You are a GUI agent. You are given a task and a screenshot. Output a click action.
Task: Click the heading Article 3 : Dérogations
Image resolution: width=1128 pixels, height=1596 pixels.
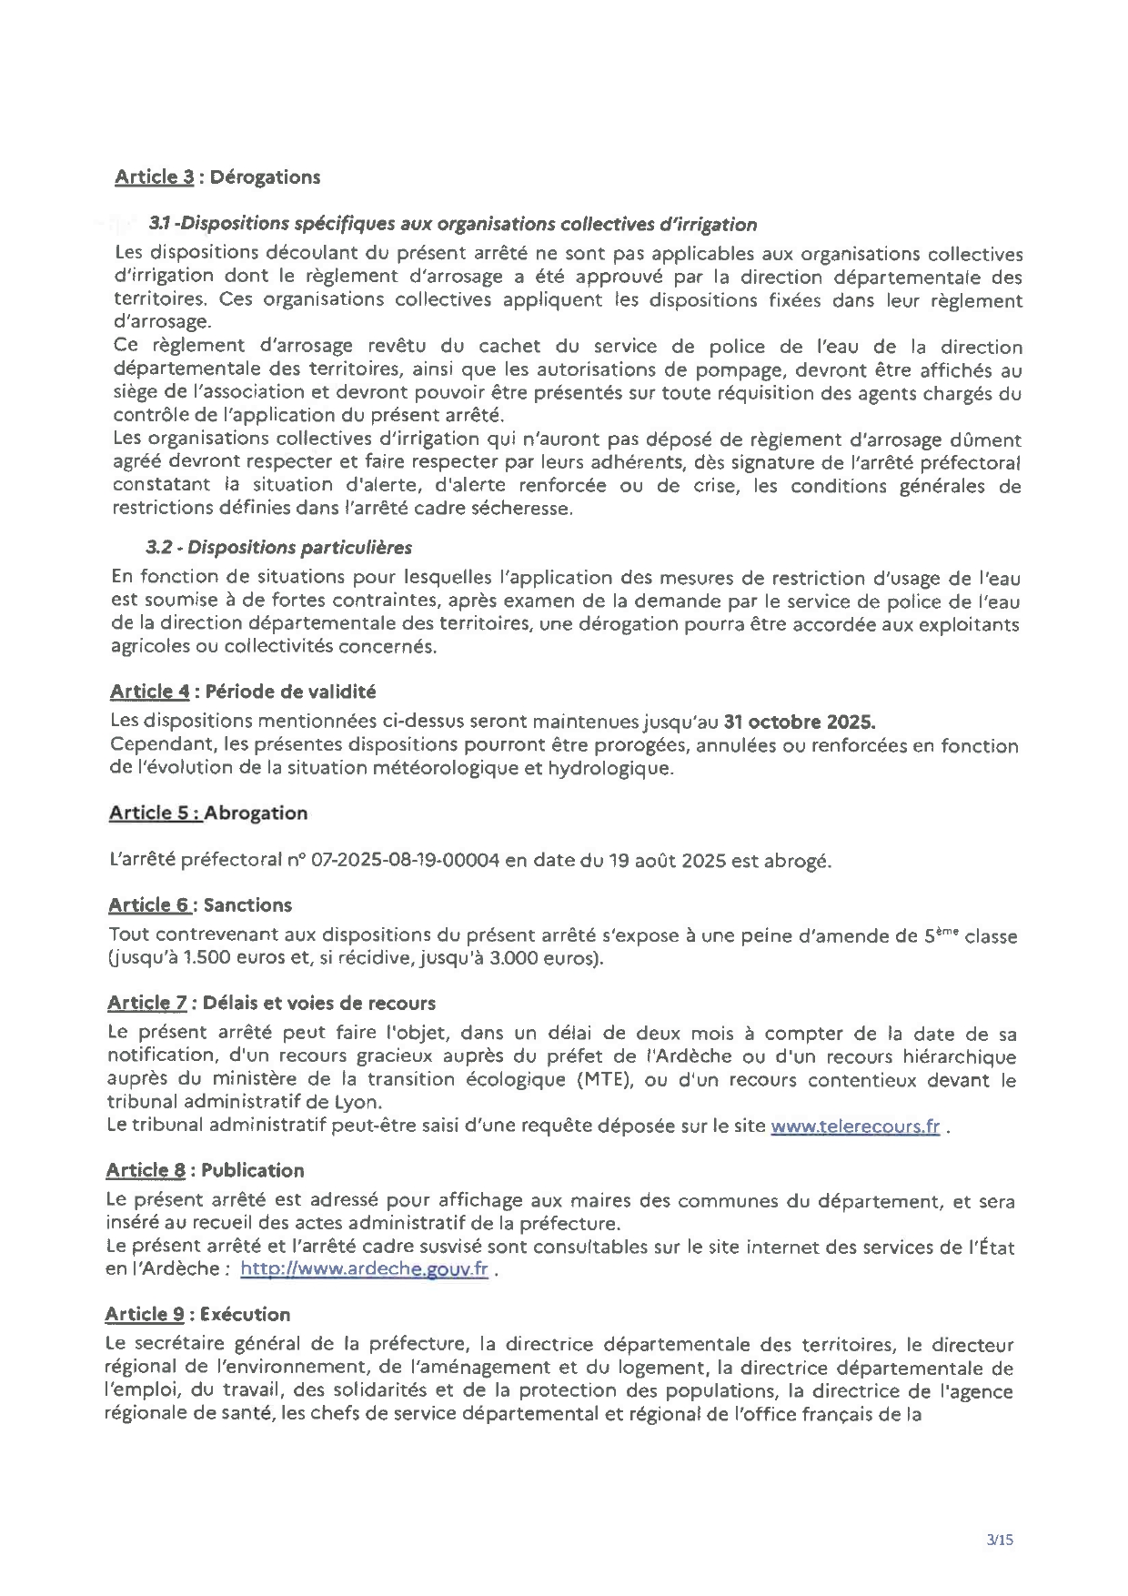click(x=217, y=177)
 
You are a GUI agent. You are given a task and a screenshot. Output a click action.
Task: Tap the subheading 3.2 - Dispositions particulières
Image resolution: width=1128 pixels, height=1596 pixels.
click(x=278, y=547)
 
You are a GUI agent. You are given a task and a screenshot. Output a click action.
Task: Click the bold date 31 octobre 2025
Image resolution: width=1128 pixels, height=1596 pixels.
click(x=800, y=722)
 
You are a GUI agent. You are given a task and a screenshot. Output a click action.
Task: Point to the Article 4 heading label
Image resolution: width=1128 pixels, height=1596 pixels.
click(x=149, y=692)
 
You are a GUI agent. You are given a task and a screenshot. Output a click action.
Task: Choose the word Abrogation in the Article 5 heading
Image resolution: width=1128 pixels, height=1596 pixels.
click(x=256, y=813)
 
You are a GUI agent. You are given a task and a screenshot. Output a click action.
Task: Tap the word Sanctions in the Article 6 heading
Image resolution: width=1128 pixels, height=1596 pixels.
click(x=247, y=904)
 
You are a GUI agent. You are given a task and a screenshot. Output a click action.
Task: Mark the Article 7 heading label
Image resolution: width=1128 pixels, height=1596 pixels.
click(x=146, y=1003)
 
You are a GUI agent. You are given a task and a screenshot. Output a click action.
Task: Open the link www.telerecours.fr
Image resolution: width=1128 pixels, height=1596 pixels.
click(x=854, y=1126)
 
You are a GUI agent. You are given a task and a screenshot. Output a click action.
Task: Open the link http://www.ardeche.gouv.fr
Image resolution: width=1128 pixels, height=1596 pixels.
click(x=364, y=1268)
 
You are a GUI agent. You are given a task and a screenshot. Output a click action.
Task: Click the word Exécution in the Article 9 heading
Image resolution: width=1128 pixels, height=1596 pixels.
click(x=245, y=1314)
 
